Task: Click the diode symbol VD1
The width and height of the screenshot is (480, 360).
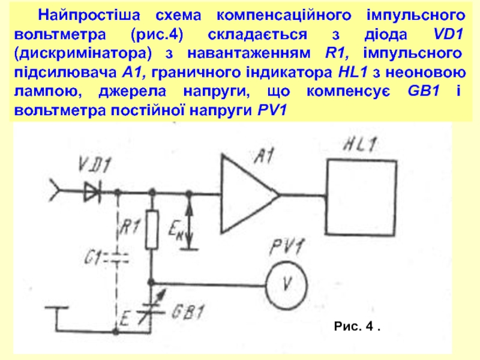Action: pyautogui.click(x=92, y=193)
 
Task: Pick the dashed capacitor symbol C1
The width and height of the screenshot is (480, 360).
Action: pyautogui.click(x=118, y=259)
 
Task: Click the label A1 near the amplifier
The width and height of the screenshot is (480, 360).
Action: pyautogui.click(x=265, y=158)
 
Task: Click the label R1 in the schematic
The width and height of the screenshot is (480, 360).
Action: pyautogui.click(x=130, y=226)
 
